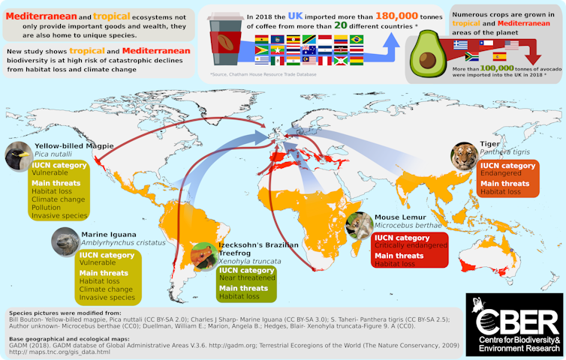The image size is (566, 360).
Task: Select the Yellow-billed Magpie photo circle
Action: (19, 154)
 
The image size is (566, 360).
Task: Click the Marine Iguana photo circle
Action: (65, 243)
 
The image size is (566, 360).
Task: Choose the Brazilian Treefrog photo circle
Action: (203, 257)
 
